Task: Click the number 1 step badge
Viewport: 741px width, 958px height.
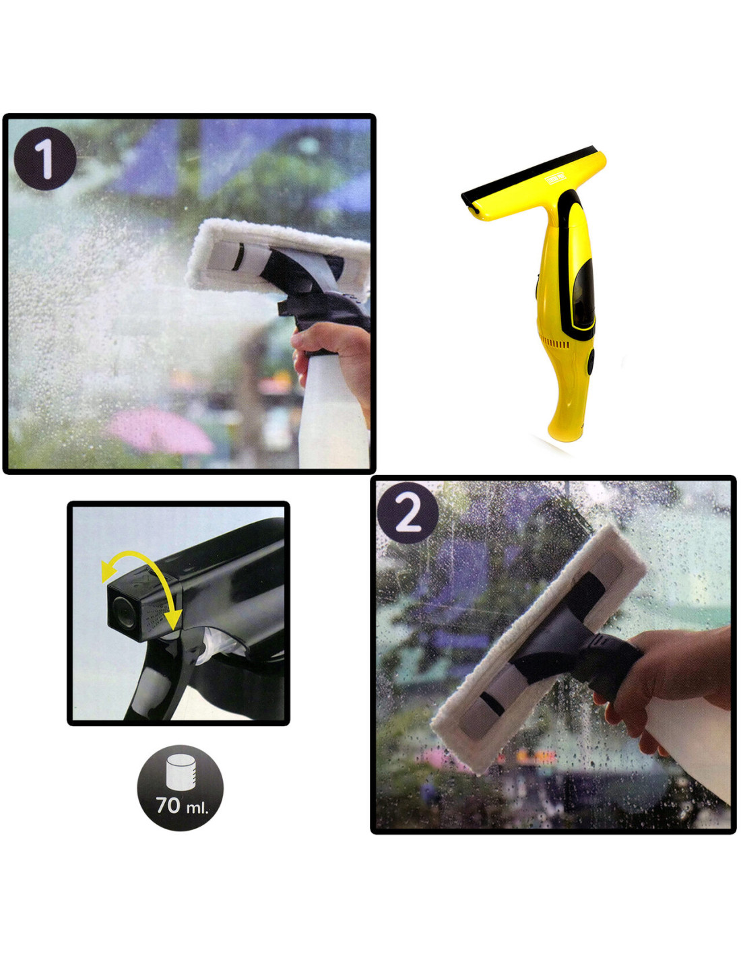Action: tap(45, 159)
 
